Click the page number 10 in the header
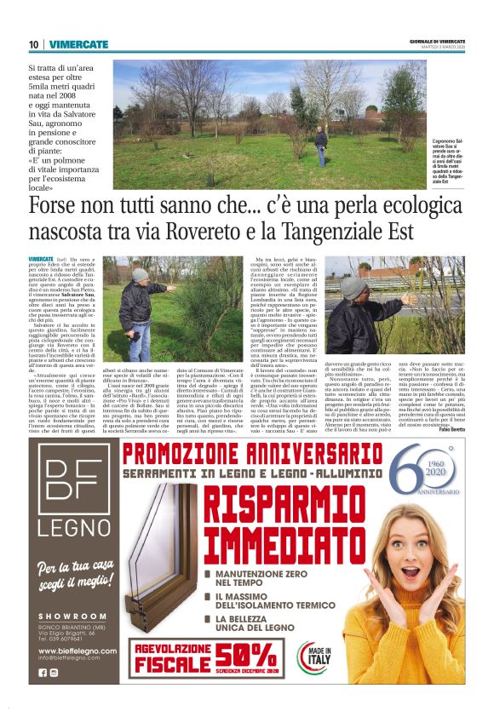[33, 43]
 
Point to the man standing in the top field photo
[321, 145]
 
